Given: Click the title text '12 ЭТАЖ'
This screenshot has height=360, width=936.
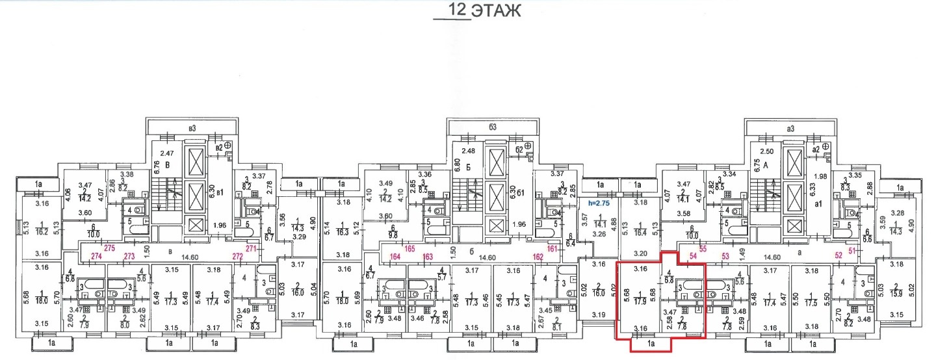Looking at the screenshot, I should pyautogui.click(x=477, y=11).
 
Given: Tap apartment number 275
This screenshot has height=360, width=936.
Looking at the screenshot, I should pyautogui.click(x=109, y=248).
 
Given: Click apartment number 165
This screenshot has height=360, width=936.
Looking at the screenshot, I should pyautogui.click(x=409, y=249).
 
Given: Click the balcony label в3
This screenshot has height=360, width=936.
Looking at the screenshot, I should pyautogui.click(x=191, y=129).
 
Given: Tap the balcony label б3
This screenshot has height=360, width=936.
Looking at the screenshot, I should pyautogui.click(x=492, y=128).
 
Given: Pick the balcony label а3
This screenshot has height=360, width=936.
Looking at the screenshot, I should pyautogui.click(x=790, y=129).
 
